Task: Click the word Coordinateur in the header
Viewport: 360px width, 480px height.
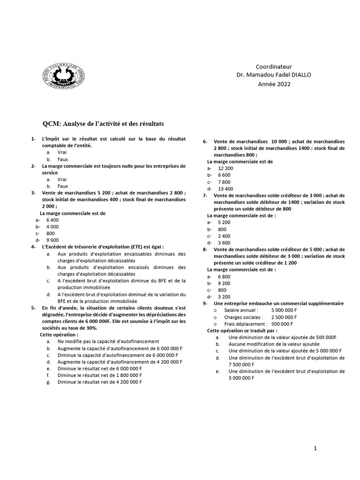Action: point(273,67)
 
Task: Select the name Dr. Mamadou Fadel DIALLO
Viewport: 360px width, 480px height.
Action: point(273,75)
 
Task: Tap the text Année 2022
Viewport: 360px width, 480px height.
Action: point(274,84)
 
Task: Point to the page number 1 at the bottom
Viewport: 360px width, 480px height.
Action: point(316,448)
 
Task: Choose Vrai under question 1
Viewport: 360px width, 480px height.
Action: point(62,153)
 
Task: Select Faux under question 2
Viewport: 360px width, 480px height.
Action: point(63,186)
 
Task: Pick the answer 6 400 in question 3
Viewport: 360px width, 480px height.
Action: point(52,220)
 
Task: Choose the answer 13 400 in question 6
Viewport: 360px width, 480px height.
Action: point(225,188)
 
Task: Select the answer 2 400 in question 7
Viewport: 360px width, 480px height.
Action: point(224,236)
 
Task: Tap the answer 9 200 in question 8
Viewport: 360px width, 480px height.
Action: point(224,283)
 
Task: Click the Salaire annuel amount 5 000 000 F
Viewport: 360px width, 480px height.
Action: point(287,310)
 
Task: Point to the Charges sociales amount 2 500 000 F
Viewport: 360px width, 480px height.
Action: point(287,317)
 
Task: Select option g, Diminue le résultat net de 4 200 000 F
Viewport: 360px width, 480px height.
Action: point(99,382)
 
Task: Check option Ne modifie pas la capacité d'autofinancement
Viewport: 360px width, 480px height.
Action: point(109,342)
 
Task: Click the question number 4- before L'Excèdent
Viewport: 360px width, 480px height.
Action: point(33,247)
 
